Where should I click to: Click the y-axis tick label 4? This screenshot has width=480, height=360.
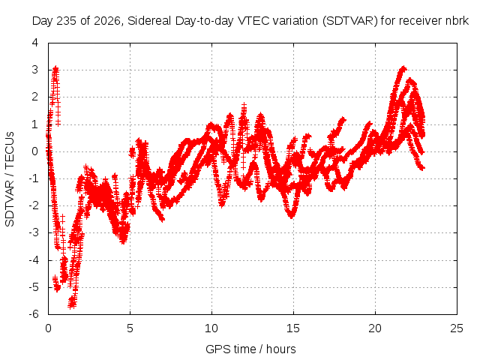(x=35, y=43)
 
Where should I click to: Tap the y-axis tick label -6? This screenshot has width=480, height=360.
(x=34, y=314)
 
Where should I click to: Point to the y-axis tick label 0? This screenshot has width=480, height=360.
(x=35, y=151)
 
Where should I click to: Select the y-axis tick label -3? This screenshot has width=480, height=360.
(x=34, y=232)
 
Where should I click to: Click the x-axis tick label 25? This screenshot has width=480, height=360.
(x=457, y=328)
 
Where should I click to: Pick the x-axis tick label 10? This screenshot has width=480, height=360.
(x=211, y=328)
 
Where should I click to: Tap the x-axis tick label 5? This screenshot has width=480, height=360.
(x=130, y=328)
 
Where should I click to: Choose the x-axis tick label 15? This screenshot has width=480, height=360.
(x=293, y=328)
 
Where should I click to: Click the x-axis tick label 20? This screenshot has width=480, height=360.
(x=375, y=328)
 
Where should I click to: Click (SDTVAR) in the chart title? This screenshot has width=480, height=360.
(x=350, y=21)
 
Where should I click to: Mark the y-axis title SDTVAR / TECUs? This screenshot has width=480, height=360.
(x=10, y=179)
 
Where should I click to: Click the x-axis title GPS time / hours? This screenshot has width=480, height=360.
(x=250, y=349)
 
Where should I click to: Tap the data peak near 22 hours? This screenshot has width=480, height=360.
(x=403, y=68)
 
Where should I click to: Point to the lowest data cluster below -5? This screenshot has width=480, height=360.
(x=72, y=302)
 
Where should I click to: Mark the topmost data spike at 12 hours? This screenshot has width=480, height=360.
(x=244, y=106)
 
